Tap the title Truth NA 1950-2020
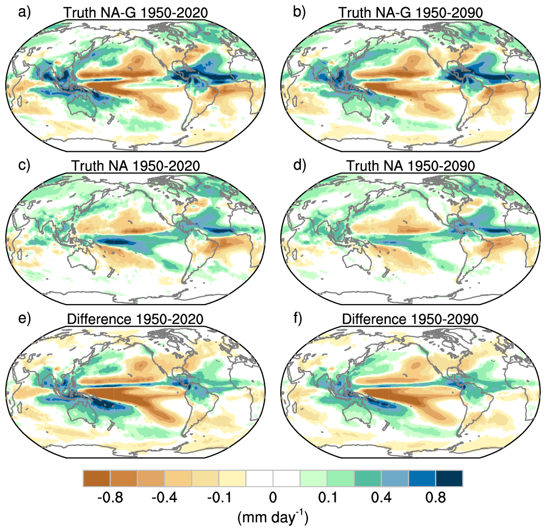[135, 166]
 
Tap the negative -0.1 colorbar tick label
[218, 497]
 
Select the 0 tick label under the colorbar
[272, 497]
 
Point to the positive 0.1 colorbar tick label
[327, 497]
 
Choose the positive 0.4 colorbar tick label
[381, 497]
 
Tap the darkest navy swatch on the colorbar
[449, 479]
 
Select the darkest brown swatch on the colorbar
[96, 479]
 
